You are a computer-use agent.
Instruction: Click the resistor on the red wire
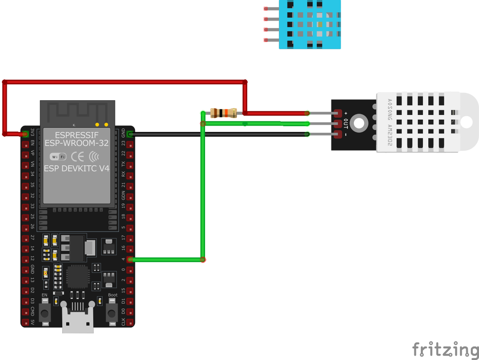click(x=223, y=113)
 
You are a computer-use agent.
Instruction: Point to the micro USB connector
click(x=78, y=320)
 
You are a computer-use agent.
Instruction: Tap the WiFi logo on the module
click(x=58, y=156)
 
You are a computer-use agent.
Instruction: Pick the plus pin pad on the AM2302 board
click(x=338, y=114)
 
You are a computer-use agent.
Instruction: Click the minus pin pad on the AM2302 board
click(x=338, y=135)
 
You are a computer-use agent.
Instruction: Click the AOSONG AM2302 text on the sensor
click(x=389, y=124)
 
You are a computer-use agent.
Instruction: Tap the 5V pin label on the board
click(x=33, y=323)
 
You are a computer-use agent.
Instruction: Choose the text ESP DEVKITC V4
click(x=77, y=168)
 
